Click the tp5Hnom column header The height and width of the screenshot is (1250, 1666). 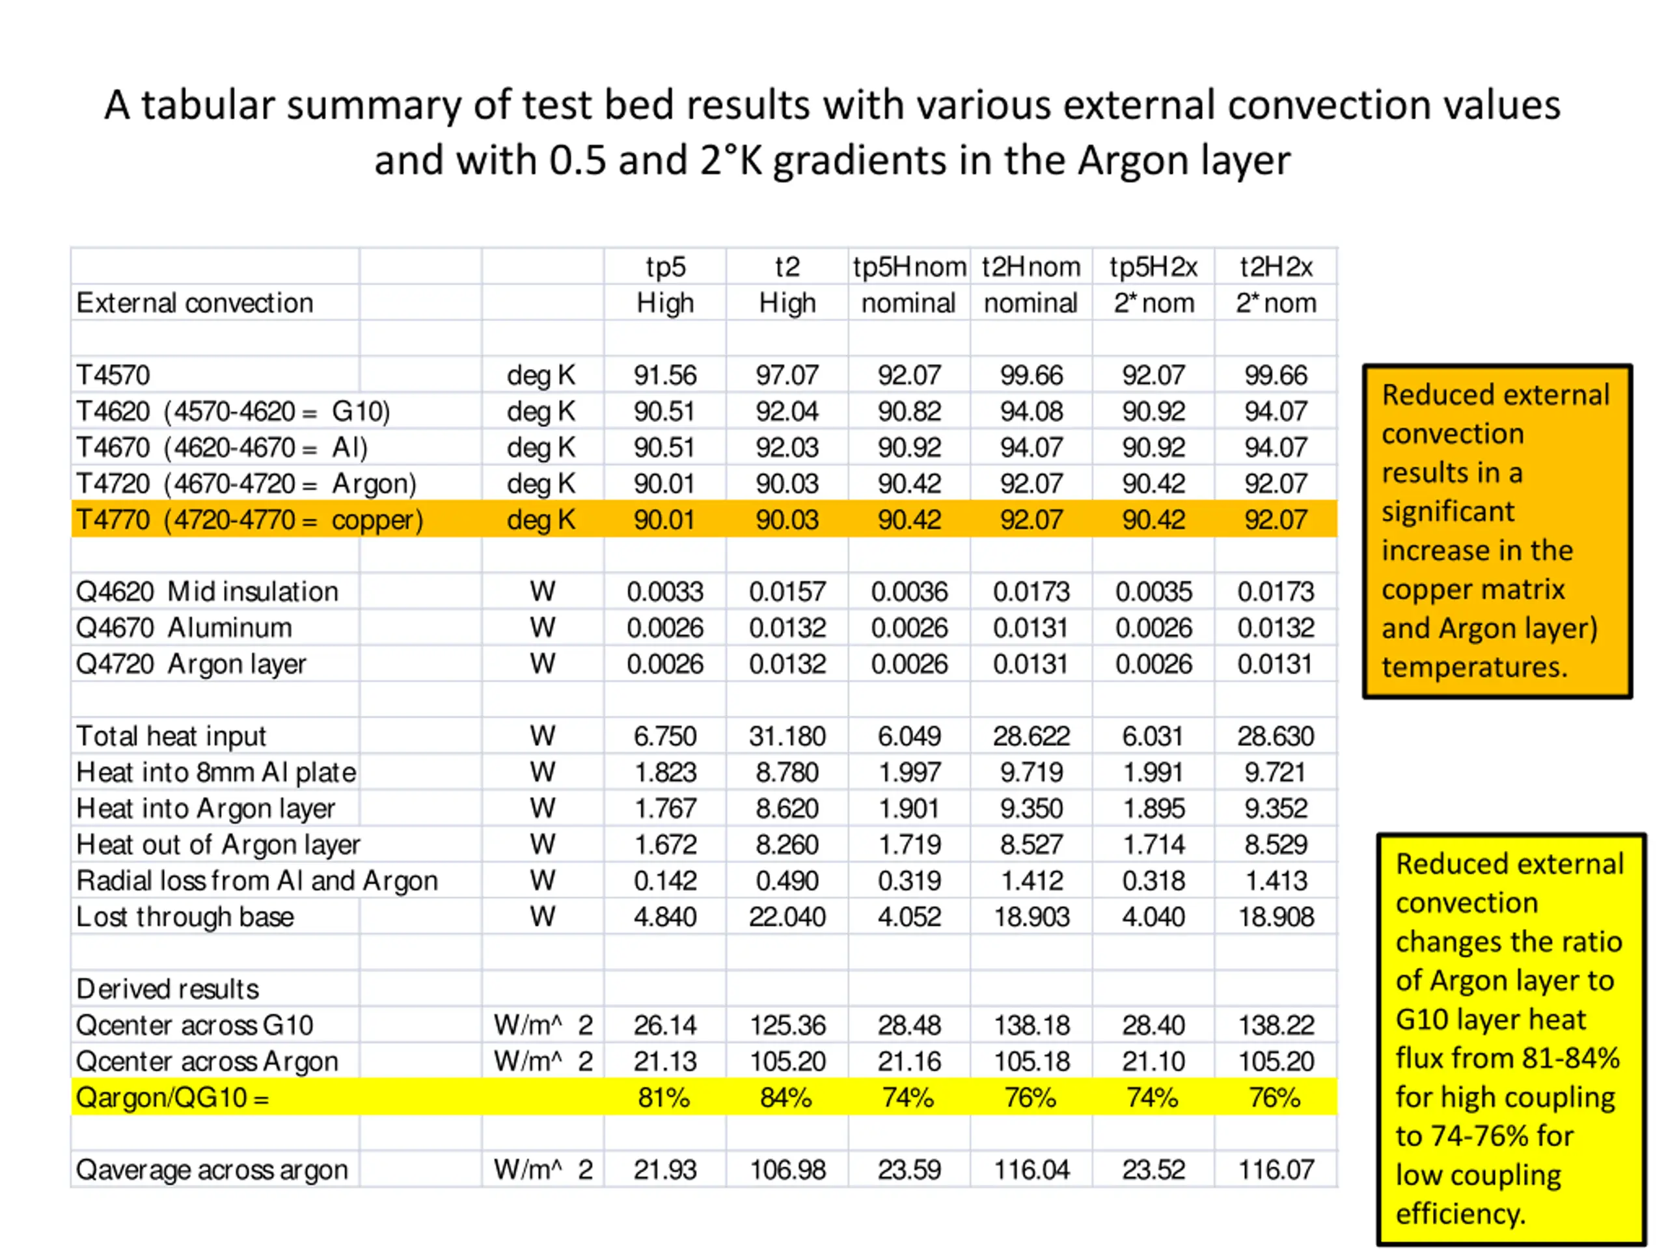pyautogui.click(x=909, y=267)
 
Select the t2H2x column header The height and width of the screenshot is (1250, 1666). pyautogui.click(x=1276, y=267)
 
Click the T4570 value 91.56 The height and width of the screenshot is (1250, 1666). pyautogui.click(x=665, y=375)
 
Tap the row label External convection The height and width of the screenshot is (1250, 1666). pyautogui.click(x=195, y=303)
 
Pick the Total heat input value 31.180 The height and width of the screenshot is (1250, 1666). pyautogui.click(x=787, y=736)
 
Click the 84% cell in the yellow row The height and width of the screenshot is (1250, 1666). pyautogui.click(x=786, y=1097)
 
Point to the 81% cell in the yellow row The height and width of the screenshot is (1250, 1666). pyautogui.click(x=664, y=1097)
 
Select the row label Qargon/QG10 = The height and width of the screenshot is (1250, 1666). pyautogui.click(x=172, y=1097)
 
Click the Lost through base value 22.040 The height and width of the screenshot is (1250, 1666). pyautogui.click(x=787, y=917)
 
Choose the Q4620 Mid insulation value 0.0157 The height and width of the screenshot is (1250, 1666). pyautogui.click(x=787, y=591)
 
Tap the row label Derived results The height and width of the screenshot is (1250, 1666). pyautogui.click(x=167, y=988)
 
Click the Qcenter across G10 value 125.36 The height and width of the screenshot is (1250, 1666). pyautogui.click(x=787, y=1025)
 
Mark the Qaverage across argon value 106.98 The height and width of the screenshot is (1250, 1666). pyautogui.click(x=787, y=1169)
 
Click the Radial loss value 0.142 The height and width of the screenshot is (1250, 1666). pyautogui.click(x=665, y=881)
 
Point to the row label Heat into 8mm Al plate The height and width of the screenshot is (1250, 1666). pyautogui.click(x=216, y=772)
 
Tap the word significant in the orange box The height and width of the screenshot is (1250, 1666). pyautogui.click(x=1447, y=512)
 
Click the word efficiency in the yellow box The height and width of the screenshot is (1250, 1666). pyautogui.click(x=1460, y=1214)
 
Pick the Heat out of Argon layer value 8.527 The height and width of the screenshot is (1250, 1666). pyautogui.click(x=1031, y=844)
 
